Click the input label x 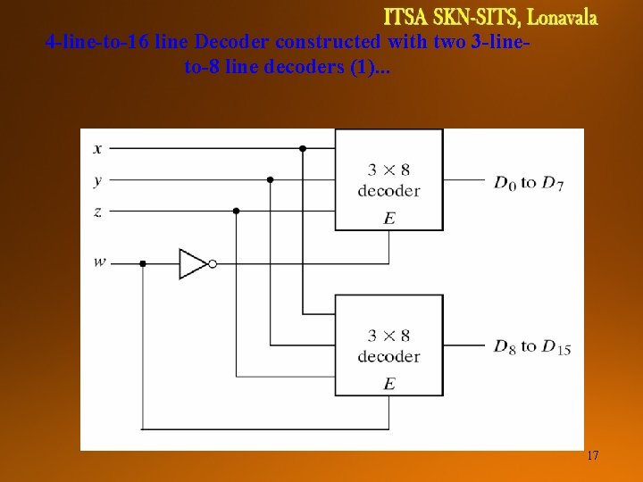tap(97, 148)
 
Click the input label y tap(97, 180)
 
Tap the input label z tap(97, 212)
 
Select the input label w tap(98, 262)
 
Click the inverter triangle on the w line tap(192, 263)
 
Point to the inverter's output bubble tap(213, 263)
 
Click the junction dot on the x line tap(303, 148)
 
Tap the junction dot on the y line tap(270, 179)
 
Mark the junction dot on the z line tap(236, 211)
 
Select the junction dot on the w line tap(143, 263)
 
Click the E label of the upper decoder tap(388, 217)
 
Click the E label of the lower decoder tap(388, 383)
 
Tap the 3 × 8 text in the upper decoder tap(388, 170)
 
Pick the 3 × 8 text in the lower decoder tap(388, 336)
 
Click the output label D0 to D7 tap(528, 183)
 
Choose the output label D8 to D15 tap(531, 346)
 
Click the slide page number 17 tap(592, 456)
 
